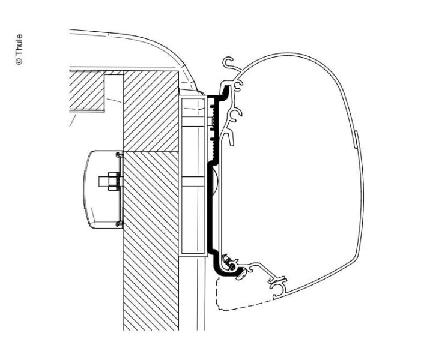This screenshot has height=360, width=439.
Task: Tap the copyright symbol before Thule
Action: coord(19,62)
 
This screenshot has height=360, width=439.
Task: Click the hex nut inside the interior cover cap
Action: coord(113,182)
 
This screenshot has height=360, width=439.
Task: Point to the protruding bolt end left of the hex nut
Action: coord(103,182)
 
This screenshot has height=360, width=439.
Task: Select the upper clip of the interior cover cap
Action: coord(120,155)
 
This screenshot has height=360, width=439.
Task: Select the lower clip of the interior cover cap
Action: coord(120,223)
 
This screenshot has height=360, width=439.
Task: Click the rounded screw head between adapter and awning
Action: coord(215,181)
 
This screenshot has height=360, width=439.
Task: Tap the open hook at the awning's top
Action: coord(228,62)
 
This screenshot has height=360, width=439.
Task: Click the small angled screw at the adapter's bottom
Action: coord(228,262)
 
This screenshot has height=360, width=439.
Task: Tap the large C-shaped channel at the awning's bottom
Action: coord(277,290)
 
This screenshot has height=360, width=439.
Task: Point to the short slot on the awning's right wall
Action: coord(356,139)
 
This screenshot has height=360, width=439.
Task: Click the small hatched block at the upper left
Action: coord(87,91)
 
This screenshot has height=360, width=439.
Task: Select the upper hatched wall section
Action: coord(151,111)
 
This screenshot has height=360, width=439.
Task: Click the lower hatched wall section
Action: coord(151,241)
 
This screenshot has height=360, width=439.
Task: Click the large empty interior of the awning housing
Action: coord(288,173)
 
